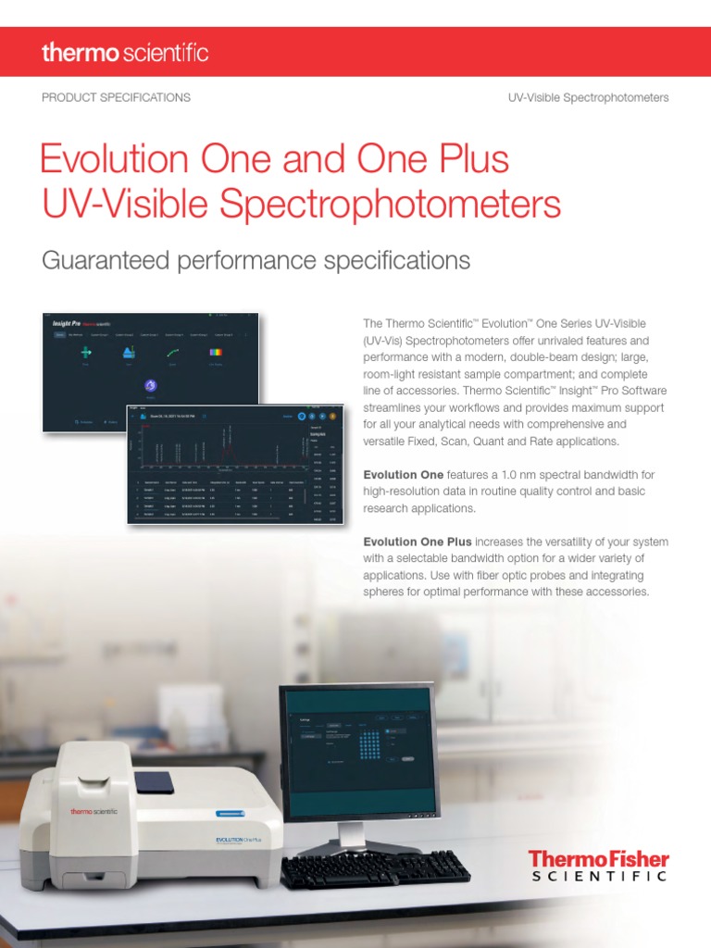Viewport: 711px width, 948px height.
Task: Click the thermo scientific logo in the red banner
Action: pos(125,52)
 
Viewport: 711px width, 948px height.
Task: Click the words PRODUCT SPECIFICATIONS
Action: pos(116,97)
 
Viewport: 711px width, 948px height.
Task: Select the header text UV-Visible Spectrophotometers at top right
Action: pos(588,97)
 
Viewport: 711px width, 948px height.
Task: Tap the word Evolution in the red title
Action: pos(119,159)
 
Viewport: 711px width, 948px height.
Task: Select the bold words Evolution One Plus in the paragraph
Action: pos(418,542)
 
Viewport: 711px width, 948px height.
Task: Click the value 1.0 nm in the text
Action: pos(501,474)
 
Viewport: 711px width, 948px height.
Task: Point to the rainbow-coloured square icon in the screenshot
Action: pos(216,353)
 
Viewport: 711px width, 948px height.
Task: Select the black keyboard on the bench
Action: pos(374,868)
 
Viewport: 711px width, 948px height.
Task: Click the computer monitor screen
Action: pos(358,750)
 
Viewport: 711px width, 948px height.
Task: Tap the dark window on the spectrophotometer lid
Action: pos(154,782)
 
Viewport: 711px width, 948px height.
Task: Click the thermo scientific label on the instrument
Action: pos(94,811)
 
